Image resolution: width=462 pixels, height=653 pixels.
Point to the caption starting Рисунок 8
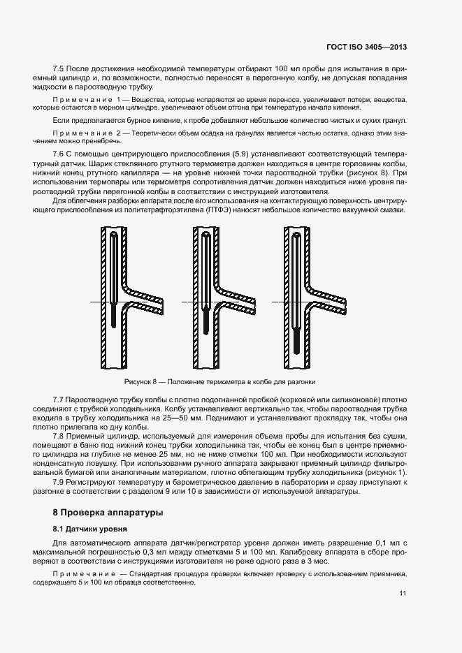coord(220,382)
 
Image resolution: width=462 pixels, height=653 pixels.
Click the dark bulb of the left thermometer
coord(113,314)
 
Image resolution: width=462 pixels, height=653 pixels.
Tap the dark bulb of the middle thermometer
coord(206,324)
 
